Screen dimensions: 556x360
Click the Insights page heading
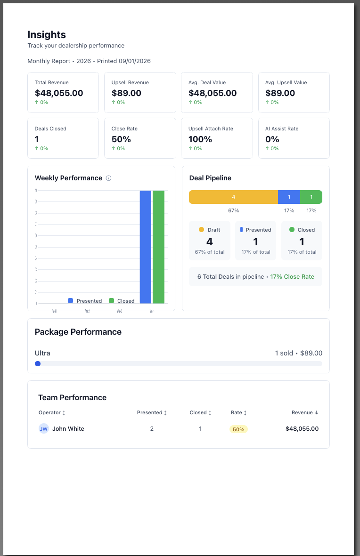tap(47, 34)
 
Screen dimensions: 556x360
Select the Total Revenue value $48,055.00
tap(59, 93)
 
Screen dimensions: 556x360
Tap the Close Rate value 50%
tap(121, 139)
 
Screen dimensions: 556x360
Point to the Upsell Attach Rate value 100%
tap(200, 139)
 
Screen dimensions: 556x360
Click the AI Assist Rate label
tap(282, 129)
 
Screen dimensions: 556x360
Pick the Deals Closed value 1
tap(37, 139)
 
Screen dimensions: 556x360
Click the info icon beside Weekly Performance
tap(109, 178)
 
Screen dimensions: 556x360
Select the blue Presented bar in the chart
tap(146, 247)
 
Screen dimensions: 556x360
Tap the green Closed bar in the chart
tap(158, 247)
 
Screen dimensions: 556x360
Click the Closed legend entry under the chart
tap(122, 301)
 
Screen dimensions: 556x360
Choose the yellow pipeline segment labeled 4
tap(233, 197)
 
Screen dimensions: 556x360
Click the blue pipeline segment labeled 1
tap(289, 197)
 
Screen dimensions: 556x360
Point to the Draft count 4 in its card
tap(210, 242)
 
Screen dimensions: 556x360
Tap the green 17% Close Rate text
tap(292, 277)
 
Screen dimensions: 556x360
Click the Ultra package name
tap(42, 353)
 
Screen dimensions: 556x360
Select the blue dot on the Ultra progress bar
tap(38, 363)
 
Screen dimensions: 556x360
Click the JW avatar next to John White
tap(43, 429)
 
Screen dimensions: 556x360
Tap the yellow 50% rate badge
tap(238, 429)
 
